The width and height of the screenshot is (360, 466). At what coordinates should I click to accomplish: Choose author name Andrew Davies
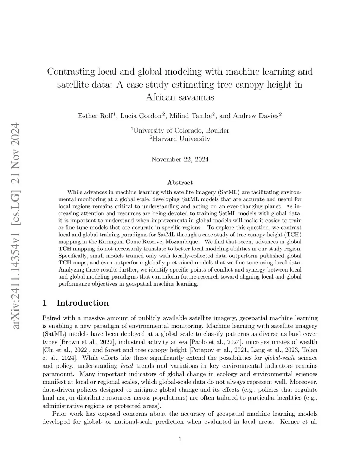point(256,116)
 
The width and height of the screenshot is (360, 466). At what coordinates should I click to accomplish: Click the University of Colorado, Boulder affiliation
point(180,130)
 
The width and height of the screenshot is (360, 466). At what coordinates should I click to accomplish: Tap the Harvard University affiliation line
point(180,139)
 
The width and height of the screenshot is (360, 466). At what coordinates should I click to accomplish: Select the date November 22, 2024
point(180,159)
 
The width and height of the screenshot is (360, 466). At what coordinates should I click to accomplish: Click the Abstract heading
point(180,183)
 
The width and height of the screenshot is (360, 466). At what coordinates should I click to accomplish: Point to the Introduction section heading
point(82,303)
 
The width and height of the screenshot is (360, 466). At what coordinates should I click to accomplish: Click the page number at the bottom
point(180,439)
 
